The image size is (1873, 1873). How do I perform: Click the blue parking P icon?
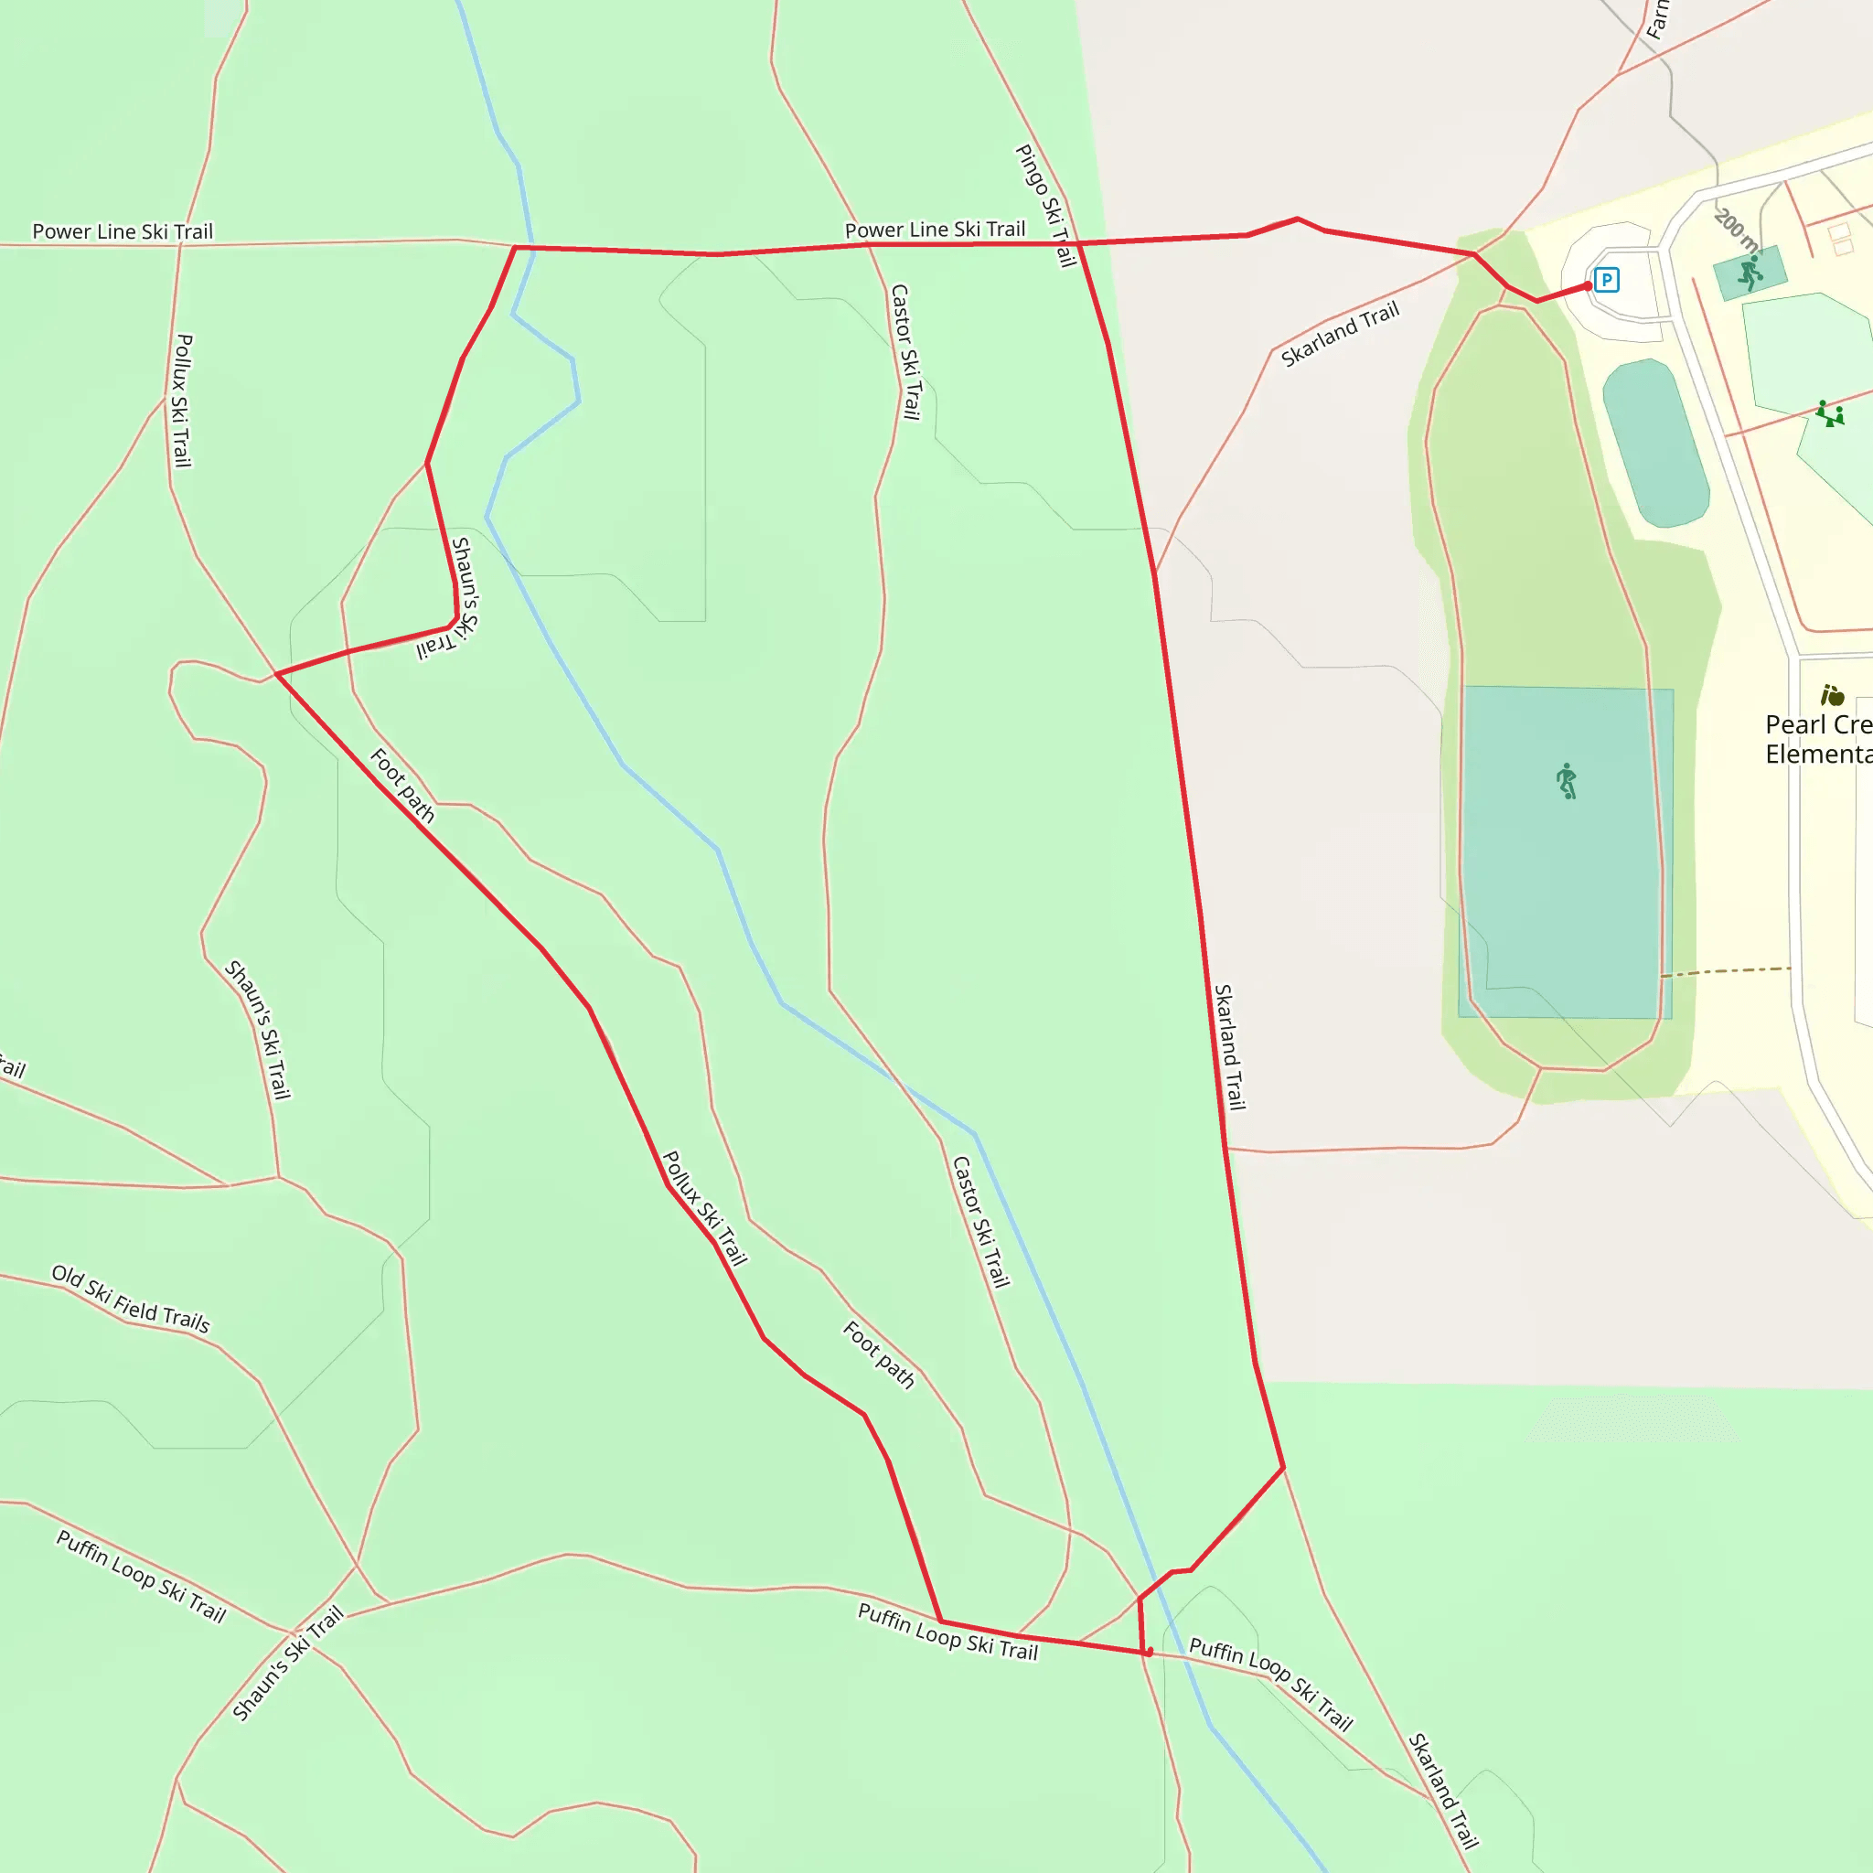[1606, 280]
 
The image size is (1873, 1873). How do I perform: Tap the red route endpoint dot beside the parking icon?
[1588, 286]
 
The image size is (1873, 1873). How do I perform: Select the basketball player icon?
[1750, 273]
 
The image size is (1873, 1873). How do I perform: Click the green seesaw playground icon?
[1830, 414]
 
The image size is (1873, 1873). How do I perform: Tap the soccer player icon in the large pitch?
[1567, 780]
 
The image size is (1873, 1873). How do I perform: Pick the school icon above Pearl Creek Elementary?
[1832, 695]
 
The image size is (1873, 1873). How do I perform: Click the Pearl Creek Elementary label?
[1818, 739]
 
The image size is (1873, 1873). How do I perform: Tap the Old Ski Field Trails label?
[131, 1299]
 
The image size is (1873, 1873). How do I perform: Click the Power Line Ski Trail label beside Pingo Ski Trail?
[935, 230]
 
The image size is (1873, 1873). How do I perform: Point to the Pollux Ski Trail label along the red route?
[704, 1208]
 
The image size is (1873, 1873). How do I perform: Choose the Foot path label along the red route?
[402, 786]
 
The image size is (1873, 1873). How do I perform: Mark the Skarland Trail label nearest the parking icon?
[1340, 334]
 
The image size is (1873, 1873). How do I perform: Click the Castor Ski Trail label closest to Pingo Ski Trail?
[905, 351]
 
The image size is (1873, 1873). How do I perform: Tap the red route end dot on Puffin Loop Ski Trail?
[1149, 1652]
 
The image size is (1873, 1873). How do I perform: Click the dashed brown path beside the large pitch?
[1726, 970]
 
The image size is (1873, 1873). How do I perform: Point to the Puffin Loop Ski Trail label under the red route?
[947, 1632]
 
